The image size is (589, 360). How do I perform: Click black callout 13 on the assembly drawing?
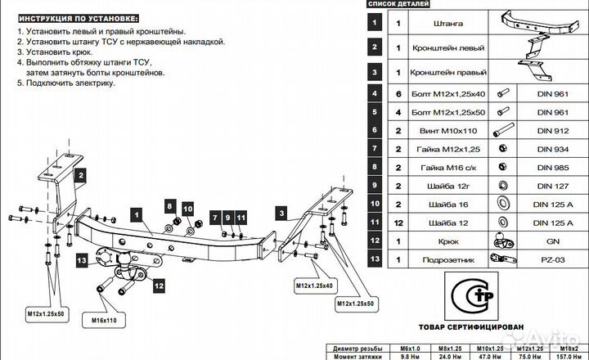tap(82, 259)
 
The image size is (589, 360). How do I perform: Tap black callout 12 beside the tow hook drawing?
tap(157, 286)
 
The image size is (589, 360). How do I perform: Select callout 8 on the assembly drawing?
tap(169, 205)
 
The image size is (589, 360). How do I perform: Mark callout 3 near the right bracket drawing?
tap(281, 213)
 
